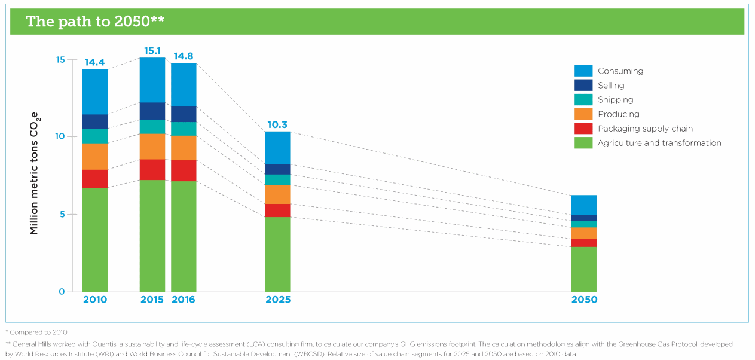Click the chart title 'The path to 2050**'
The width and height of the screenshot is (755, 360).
[x=95, y=22]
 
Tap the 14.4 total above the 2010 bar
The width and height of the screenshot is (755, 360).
[x=94, y=62]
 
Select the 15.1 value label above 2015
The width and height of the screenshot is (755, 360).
[x=152, y=51]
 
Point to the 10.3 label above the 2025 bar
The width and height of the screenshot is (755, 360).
[x=277, y=125]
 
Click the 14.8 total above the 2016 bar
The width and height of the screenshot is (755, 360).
[x=184, y=56]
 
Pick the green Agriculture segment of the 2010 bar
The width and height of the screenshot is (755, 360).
[x=95, y=240]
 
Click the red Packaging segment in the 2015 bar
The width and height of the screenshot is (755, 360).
[x=152, y=170]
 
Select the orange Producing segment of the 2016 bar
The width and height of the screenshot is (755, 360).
[x=184, y=148]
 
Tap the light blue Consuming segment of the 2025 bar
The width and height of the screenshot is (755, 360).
[x=277, y=148]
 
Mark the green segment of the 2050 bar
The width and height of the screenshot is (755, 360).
[x=584, y=269]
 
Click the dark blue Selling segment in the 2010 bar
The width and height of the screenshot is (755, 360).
[x=95, y=121]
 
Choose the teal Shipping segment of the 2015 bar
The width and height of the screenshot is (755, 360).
[x=152, y=127]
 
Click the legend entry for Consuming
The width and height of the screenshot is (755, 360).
[x=609, y=71]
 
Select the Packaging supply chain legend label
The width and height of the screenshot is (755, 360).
[x=645, y=129]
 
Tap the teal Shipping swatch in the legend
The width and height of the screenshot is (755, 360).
[x=583, y=100]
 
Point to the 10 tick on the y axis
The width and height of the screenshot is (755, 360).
[x=60, y=136]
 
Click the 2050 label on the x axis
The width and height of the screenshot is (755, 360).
[x=584, y=300]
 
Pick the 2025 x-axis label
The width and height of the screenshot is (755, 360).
[x=278, y=300]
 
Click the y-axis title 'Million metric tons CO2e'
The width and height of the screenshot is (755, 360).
[x=35, y=173]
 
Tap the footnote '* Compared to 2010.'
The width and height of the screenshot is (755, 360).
[x=37, y=332]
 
